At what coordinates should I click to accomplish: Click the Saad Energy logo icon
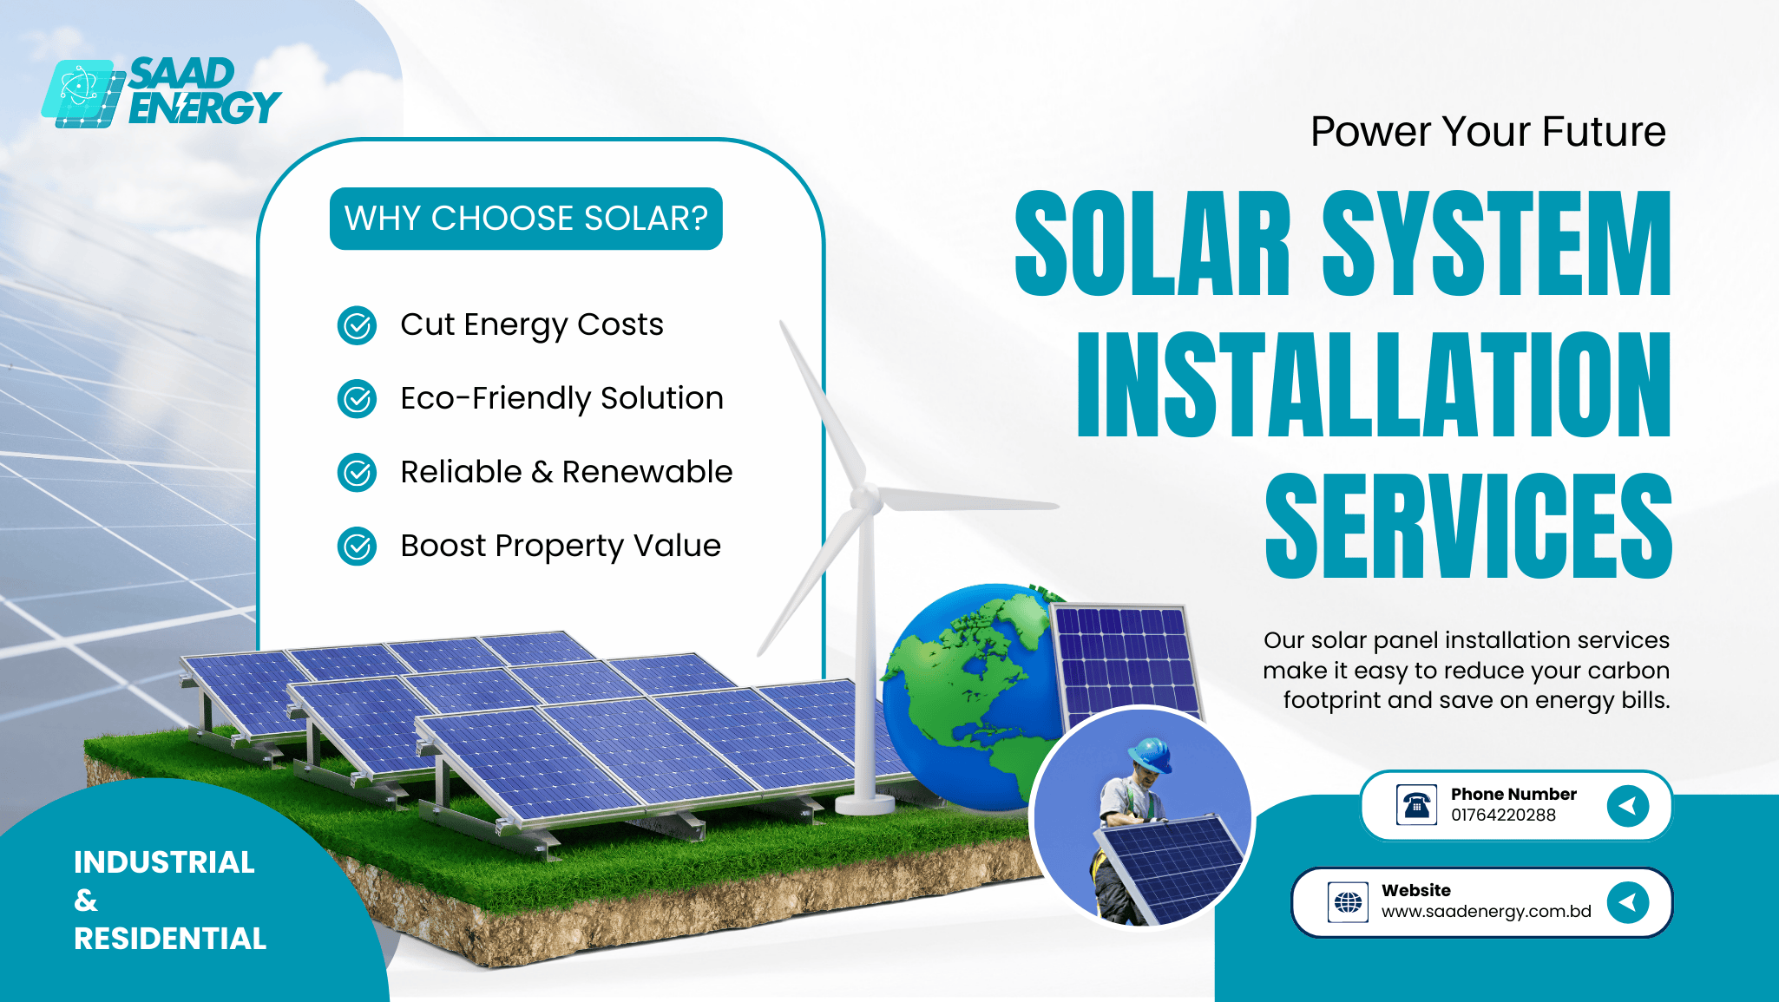tap(83, 94)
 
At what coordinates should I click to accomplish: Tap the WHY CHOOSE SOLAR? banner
tap(526, 219)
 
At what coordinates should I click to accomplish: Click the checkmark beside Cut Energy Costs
tap(357, 325)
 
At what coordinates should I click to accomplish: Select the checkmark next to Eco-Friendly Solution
tap(357, 399)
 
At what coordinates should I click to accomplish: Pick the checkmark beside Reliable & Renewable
tap(357, 473)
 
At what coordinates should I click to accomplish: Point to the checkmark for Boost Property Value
tap(357, 547)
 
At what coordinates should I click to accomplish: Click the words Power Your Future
tap(1488, 132)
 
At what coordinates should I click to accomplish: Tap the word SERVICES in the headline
tap(1468, 526)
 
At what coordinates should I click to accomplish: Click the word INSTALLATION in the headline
tap(1374, 383)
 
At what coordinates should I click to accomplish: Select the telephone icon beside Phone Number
tap(1416, 805)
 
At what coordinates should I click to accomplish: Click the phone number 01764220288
tap(1503, 815)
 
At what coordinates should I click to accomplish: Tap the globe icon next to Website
tap(1348, 902)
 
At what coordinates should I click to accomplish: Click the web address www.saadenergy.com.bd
tap(1487, 912)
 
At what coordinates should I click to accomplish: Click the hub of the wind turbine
tap(866, 498)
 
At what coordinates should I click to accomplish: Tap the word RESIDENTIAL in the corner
tap(170, 939)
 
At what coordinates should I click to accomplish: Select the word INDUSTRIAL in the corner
tap(164, 862)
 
